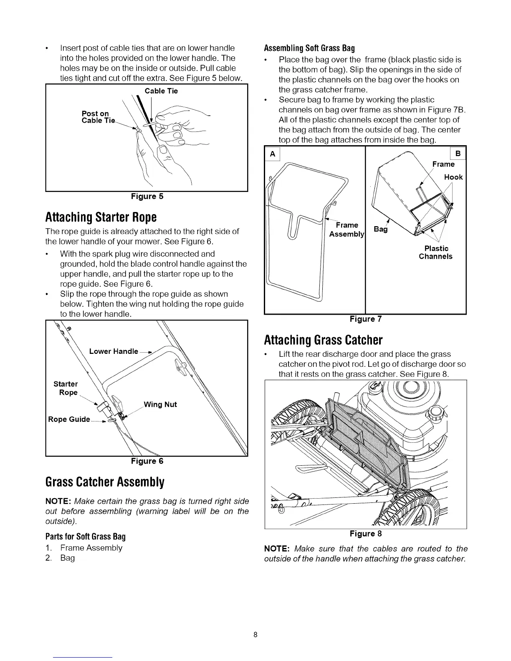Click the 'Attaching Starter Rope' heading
tap(101, 217)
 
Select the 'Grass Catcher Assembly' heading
tap(105, 482)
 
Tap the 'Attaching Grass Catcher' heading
tap(323, 340)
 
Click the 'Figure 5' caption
tap(147, 197)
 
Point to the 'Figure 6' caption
tap(147, 461)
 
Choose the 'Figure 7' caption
tap(366, 319)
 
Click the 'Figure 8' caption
tap(366, 534)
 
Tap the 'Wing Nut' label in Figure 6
tap(160, 404)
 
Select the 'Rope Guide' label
tap(69, 419)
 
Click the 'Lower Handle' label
tap(114, 351)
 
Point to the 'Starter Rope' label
tap(66, 388)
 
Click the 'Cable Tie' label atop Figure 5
tap(161, 91)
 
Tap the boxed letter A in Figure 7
tap(273, 154)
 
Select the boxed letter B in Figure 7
tap(458, 154)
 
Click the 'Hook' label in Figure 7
tap(453, 177)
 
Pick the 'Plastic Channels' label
tap(435, 252)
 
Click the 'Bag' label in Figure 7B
tap(380, 229)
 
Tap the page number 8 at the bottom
tap(255, 635)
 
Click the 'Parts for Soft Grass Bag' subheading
tap(86, 536)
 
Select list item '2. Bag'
tap(61, 558)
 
